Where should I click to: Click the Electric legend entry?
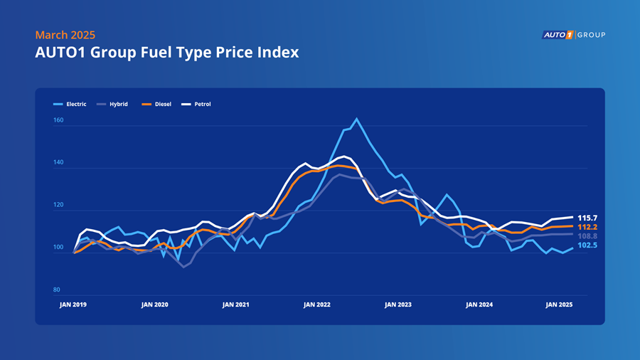pyautogui.click(x=70, y=104)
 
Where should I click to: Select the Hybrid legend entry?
pyautogui.click(x=112, y=104)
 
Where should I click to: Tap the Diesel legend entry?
pyautogui.click(x=156, y=104)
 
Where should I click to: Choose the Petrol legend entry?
pyautogui.click(x=196, y=104)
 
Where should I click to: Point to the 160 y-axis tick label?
pyautogui.click(x=58, y=120)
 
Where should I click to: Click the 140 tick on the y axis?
pyautogui.click(x=58, y=162)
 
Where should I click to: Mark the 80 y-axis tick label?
pyautogui.click(x=56, y=290)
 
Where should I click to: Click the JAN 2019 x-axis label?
pyautogui.click(x=73, y=305)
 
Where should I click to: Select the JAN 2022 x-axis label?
pyautogui.click(x=316, y=305)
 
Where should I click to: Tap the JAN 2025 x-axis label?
pyautogui.click(x=559, y=305)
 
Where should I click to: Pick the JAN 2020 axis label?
pyautogui.click(x=155, y=305)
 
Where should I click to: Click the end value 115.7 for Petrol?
pyautogui.click(x=587, y=218)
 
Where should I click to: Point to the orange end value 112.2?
pyautogui.click(x=587, y=228)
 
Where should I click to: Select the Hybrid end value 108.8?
pyautogui.click(x=587, y=236)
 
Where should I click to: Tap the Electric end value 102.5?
pyautogui.click(x=587, y=245)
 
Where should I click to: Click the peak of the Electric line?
pyautogui.click(x=357, y=119)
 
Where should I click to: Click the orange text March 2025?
pyautogui.click(x=65, y=35)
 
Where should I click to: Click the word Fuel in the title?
pyautogui.click(x=155, y=52)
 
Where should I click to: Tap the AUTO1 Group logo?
pyautogui.click(x=573, y=35)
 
